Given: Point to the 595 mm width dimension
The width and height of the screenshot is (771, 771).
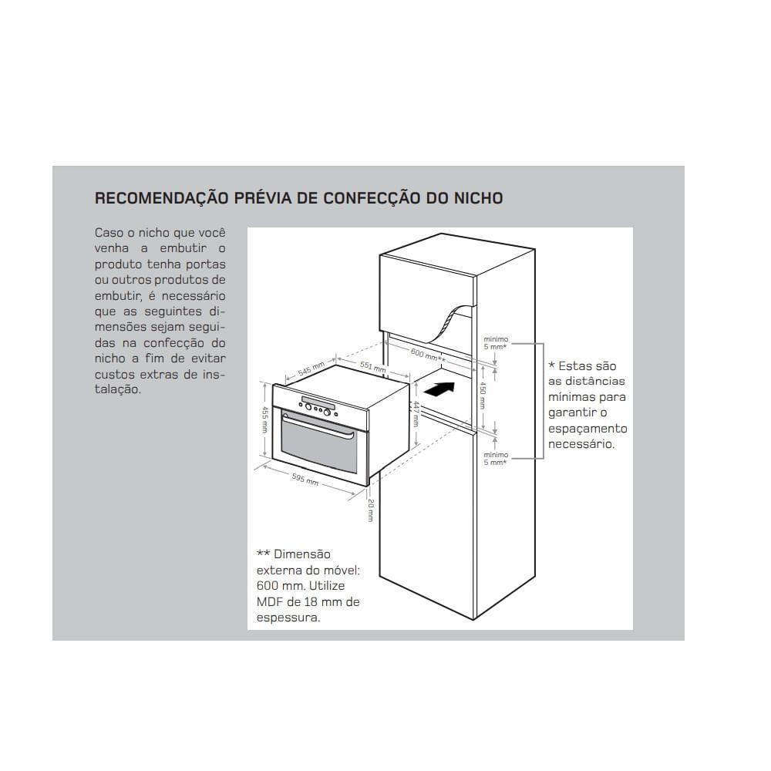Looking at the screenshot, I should point(306,478).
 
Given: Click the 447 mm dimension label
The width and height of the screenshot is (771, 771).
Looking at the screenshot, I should point(415,413).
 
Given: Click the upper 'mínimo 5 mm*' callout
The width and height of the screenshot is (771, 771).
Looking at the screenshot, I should point(495,342).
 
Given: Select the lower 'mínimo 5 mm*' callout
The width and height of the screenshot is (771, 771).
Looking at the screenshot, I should point(495,458).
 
